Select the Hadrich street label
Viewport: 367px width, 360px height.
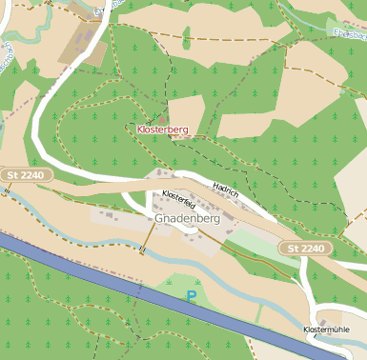[226, 190]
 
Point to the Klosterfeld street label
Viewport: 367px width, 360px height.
[179, 200]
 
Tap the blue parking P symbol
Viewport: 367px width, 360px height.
[191, 297]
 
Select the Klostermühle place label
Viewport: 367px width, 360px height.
[333, 330]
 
